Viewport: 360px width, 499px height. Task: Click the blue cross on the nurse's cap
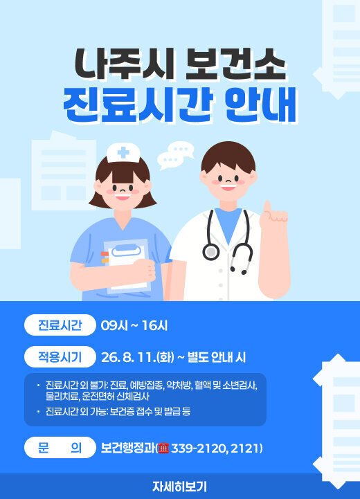(123, 153)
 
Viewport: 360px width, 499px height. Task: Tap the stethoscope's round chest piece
(210, 251)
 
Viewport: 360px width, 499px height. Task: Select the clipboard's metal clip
(127, 251)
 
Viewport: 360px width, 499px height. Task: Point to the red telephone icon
(163, 448)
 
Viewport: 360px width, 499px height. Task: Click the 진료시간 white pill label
(60, 325)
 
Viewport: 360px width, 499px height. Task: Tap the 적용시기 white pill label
(60, 356)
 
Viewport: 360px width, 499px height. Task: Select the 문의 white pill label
(60, 448)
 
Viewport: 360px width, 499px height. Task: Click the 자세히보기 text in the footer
(179, 487)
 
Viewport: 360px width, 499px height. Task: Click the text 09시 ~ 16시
(134, 325)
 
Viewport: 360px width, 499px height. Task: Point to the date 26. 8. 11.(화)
(138, 357)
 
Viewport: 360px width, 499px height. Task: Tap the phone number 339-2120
(199, 448)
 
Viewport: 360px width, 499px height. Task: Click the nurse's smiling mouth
(123, 197)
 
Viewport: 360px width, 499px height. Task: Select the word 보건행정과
(128, 448)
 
